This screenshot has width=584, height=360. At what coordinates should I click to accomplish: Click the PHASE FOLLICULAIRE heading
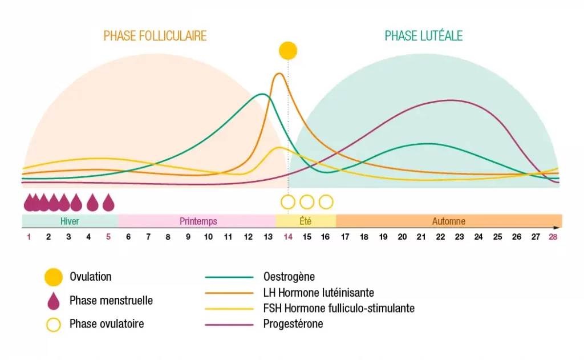pos(155,36)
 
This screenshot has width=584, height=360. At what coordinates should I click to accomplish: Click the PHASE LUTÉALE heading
pos(423,36)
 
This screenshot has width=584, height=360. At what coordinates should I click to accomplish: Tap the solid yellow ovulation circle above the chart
pos(288,51)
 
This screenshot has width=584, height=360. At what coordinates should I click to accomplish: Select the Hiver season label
pos(70,221)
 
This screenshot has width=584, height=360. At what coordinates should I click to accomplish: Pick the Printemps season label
pos(198,221)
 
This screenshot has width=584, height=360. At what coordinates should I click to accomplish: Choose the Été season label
pos(306,221)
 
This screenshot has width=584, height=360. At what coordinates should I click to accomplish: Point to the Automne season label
pos(449,221)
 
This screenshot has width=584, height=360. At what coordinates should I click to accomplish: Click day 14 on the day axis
pos(288,237)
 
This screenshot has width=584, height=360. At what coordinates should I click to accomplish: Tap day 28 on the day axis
pos(553,237)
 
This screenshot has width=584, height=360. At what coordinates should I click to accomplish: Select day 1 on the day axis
pos(29,237)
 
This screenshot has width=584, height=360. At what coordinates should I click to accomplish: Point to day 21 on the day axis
pos(421,237)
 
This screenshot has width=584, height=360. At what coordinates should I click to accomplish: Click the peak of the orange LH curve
pos(279,74)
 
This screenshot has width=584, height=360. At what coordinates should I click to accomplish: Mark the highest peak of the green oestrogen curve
pos(262,94)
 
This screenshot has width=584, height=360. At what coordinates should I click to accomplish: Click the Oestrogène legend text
pos(289,277)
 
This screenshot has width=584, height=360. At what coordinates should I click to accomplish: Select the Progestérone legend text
pos(293,324)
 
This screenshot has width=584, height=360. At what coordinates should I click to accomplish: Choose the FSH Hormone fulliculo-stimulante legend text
pos(339,309)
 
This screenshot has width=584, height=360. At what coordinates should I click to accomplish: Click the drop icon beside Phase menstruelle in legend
pos(53,300)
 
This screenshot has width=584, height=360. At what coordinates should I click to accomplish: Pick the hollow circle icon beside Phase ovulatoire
pos(53,324)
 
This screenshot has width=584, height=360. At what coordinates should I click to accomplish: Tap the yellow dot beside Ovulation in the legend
pos(53,277)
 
